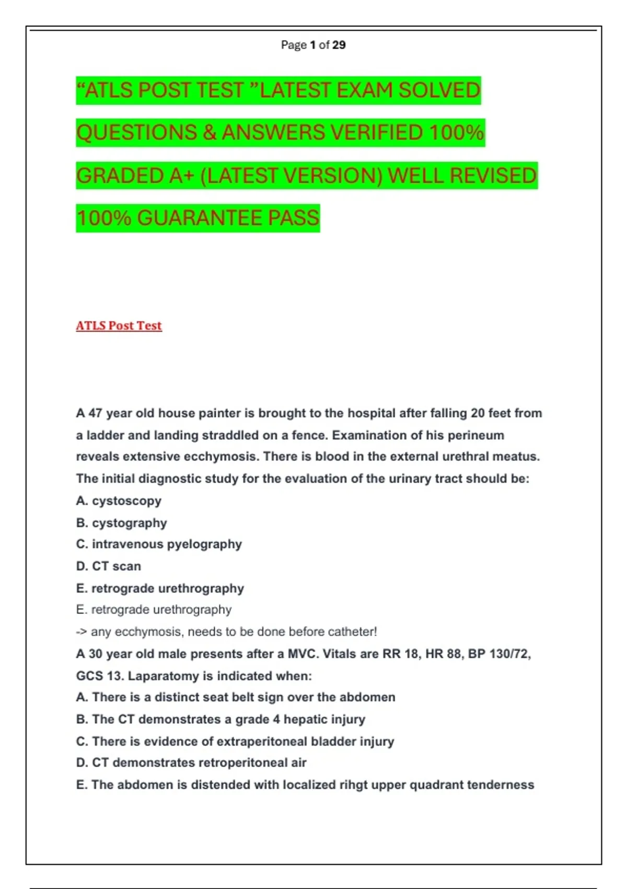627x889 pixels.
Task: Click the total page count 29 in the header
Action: [x=339, y=45]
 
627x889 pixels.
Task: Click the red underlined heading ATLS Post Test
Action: [x=119, y=326]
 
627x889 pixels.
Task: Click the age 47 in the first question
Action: [x=95, y=413]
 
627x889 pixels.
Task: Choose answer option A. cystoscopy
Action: [x=119, y=501]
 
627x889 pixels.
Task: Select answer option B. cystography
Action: [x=121, y=523]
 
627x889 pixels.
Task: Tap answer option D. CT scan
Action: [x=108, y=566]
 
